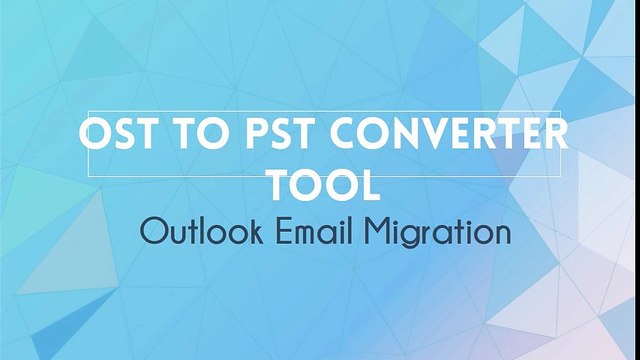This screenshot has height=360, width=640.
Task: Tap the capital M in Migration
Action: pos(388,233)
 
